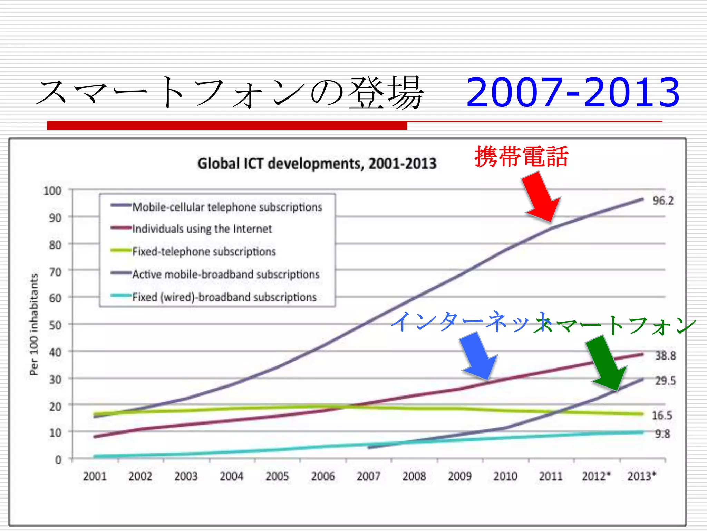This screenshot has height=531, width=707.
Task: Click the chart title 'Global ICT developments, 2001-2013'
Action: pyautogui.click(x=317, y=164)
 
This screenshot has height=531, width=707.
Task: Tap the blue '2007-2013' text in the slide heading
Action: pyautogui.click(x=573, y=92)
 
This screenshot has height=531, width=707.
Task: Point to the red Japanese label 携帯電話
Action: pyautogui.click(x=521, y=157)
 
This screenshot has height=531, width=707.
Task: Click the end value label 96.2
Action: pyautogui.click(x=663, y=201)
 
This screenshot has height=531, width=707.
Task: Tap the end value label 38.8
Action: pyautogui.click(x=666, y=355)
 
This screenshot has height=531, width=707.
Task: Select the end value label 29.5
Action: pyautogui.click(x=666, y=381)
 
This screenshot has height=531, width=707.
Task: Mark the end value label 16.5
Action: pyautogui.click(x=662, y=415)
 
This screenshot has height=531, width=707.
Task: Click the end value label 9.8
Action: pyautogui.click(x=662, y=434)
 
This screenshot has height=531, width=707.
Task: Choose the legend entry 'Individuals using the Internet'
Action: pyautogui.click(x=202, y=229)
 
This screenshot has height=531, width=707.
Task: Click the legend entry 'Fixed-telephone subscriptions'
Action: pyautogui.click(x=204, y=251)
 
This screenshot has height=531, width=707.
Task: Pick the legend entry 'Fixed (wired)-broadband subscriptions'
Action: pyautogui.click(x=224, y=297)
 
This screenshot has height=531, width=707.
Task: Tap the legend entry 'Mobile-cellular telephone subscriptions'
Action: pyautogui.click(x=227, y=207)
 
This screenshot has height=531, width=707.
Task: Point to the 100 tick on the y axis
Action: pyautogui.click(x=52, y=190)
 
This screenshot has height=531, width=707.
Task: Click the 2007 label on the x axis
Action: pyautogui.click(x=368, y=476)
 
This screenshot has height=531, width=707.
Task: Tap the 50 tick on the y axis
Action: pyautogui.click(x=55, y=325)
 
